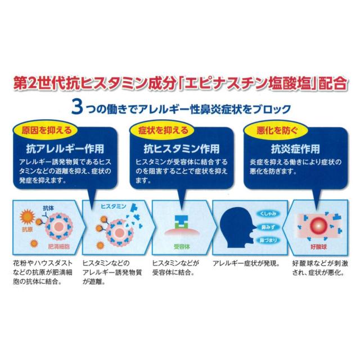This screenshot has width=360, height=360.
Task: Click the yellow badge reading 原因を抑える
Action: click(46, 130)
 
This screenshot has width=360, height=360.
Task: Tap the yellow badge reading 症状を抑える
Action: click(163, 130)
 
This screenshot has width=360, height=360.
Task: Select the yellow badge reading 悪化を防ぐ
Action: click(276, 130)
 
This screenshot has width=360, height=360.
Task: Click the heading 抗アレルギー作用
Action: click(65, 148)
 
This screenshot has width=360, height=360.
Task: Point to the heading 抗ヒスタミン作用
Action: click(181, 148)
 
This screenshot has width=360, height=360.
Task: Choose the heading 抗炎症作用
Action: click(295, 148)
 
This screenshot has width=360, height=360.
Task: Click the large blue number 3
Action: click(77, 107)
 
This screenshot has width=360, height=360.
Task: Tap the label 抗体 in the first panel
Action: click(48, 208)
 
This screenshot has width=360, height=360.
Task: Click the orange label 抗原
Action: click(28, 229)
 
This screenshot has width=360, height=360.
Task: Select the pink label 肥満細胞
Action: click(58, 246)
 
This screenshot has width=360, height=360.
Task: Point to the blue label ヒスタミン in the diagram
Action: click(114, 206)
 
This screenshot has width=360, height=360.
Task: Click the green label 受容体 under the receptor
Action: click(182, 247)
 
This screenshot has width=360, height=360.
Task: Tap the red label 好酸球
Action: click(318, 247)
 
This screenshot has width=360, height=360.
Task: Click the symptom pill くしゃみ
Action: click(268, 214)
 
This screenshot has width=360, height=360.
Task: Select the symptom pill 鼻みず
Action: click(268, 227)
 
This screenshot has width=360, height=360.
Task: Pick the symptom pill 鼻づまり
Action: click(268, 240)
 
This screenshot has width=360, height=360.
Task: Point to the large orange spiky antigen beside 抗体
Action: click(28, 217)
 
